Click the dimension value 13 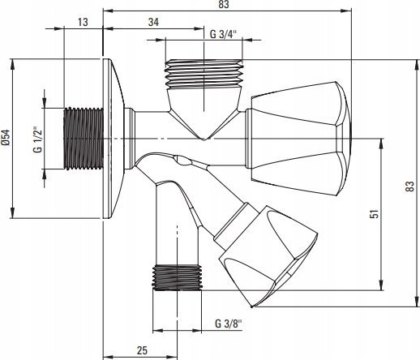pos(83,22)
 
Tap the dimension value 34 pos(153,22)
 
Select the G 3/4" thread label pos(223,34)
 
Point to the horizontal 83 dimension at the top pos(224,4)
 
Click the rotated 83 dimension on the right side pos(409,186)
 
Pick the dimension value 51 pos(375,214)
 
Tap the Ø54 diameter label pos(6,138)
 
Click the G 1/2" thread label pos(38,139)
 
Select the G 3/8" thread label pos(229,324)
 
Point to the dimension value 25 pos(142,350)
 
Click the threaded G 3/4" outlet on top pos(204,75)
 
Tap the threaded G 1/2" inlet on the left pos(84,139)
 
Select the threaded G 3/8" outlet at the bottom pos(177,277)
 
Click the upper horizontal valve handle pos(298,139)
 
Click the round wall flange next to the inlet pos(114,139)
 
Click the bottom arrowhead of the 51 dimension pos(381,285)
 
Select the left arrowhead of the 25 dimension pos(109,358)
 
